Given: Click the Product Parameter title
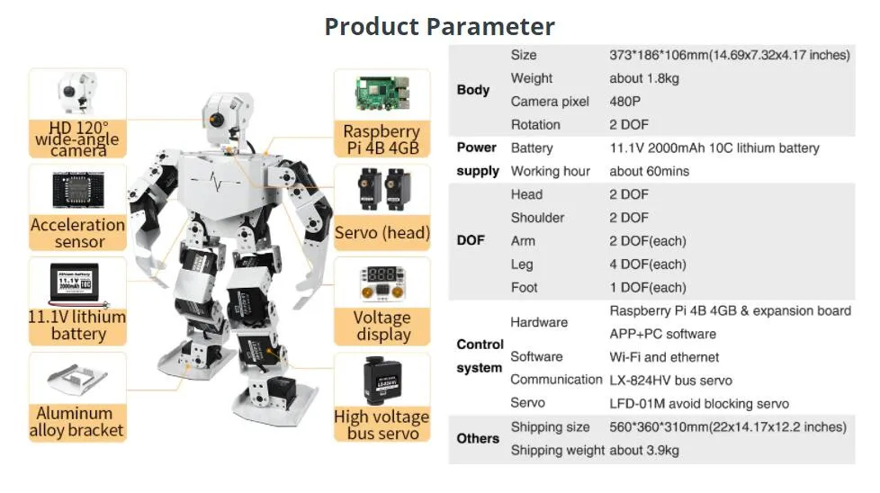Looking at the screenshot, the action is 439,25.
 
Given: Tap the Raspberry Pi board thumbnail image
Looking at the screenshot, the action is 382,94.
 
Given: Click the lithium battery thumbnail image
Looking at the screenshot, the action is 77,284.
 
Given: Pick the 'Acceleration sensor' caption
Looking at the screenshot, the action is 77,233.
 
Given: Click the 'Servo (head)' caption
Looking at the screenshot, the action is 382,233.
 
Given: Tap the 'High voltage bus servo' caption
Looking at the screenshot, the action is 382,425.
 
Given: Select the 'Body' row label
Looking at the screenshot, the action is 473,90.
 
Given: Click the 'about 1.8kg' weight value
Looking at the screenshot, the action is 644,78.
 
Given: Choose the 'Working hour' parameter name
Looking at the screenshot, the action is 551,171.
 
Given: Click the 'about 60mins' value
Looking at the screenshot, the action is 650,171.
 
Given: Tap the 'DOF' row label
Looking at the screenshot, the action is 471,241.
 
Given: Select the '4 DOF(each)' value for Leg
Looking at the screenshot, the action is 648,264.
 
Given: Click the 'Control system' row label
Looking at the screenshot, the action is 480,356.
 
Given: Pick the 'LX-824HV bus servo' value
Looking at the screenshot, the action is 671,381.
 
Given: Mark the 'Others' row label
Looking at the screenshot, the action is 478,438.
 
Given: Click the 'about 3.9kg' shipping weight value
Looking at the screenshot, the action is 644,450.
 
